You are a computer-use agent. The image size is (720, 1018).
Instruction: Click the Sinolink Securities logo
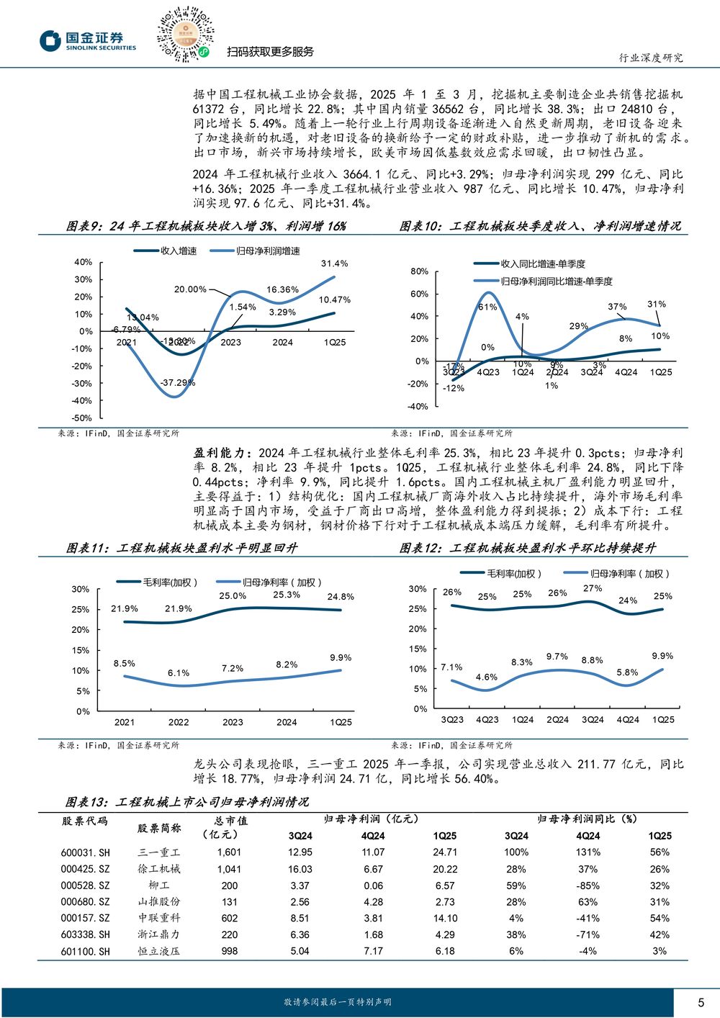click(x=87, y=40)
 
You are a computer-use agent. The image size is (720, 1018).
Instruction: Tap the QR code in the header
click(x=186, y=35)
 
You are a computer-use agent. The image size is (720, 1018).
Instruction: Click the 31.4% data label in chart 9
click(x=334, y=263)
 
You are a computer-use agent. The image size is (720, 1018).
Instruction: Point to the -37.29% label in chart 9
click(x=178, y=383)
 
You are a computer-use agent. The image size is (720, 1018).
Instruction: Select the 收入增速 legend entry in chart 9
click(x=165, y=251)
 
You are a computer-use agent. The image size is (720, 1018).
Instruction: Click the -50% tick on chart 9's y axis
click(x=82, y=418)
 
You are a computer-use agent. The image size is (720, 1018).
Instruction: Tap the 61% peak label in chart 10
click(x=487, y=307)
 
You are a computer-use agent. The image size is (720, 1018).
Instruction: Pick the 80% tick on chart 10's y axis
click(x=419, y=271)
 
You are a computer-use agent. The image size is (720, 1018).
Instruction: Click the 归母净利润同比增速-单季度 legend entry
click(x=543, y=281)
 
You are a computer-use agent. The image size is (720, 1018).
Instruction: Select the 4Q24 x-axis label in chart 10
click(x=626, y=372)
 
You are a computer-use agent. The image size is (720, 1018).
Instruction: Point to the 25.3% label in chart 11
click(x=287, y=595)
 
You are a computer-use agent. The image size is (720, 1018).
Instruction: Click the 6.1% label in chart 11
click(x=178, y=673)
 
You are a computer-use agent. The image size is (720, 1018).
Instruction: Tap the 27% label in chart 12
click(x=593, y=588)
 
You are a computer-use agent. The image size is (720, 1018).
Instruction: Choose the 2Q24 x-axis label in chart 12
click(x=558, y=720)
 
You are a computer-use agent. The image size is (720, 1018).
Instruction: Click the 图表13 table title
click(x=187, y=802)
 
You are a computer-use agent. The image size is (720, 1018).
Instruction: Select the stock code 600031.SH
click(x=86, y=852)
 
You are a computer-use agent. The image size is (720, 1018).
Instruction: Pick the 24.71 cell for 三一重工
click(x=445, y=852)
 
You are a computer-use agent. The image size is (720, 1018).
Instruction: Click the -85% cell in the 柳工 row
click(x=588, y=886)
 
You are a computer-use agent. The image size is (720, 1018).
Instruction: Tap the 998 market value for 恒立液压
click(x=230, y=951)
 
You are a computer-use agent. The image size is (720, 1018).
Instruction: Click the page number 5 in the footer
click(x=701, y=1002)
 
